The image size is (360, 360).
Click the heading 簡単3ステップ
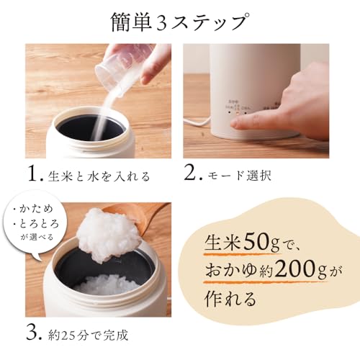pos(180,21)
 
